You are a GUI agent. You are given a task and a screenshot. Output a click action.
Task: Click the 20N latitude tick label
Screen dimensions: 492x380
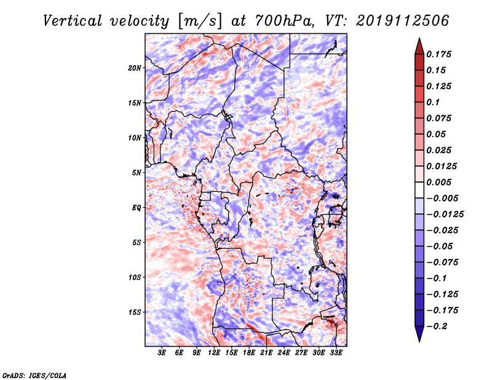[x=135, y=68]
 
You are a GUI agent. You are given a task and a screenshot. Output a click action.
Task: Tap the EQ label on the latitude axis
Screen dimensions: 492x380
[x=137, y=208]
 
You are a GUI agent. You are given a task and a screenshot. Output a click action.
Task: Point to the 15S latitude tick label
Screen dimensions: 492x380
[x=135, y=312]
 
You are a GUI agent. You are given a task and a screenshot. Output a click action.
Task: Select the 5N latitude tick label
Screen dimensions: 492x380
[x=137, y=173]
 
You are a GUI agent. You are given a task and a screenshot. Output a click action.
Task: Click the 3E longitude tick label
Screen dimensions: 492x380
[x=162, y=352]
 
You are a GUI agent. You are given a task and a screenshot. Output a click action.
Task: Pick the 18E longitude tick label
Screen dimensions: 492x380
[x=249, y=352]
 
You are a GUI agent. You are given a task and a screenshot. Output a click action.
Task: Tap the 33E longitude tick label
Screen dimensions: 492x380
[x=336, y=352]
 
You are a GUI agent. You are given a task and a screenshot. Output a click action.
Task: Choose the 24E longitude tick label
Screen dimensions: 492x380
[x=284, y=352]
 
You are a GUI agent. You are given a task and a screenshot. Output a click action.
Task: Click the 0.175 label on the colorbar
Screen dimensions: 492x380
[x=438, y=54]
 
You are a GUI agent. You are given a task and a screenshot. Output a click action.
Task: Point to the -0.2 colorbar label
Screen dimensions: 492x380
[x=437, y=327]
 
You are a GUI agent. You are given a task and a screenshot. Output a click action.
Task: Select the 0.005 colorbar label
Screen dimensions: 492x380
[x=438, y=182]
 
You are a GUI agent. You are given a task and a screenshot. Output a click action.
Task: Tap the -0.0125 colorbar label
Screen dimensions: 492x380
[x=445, y=215]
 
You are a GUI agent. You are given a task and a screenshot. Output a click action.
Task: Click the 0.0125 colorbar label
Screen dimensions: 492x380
[x=442, y=166]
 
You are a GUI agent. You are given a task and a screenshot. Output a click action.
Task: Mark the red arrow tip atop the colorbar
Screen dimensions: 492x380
[x=419, y=38]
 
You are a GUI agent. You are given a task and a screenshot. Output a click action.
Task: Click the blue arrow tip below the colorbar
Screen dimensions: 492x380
[x=419, y=341]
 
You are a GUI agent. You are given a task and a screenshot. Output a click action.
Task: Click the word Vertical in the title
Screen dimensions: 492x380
[x=73, y=21]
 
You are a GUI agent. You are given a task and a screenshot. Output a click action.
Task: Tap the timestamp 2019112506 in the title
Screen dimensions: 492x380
[x=402, y=21]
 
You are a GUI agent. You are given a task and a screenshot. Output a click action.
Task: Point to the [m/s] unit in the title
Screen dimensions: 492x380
[x=200, y=22]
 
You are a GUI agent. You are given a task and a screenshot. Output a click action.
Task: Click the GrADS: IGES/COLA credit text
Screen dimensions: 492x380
[x=34, y=375]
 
